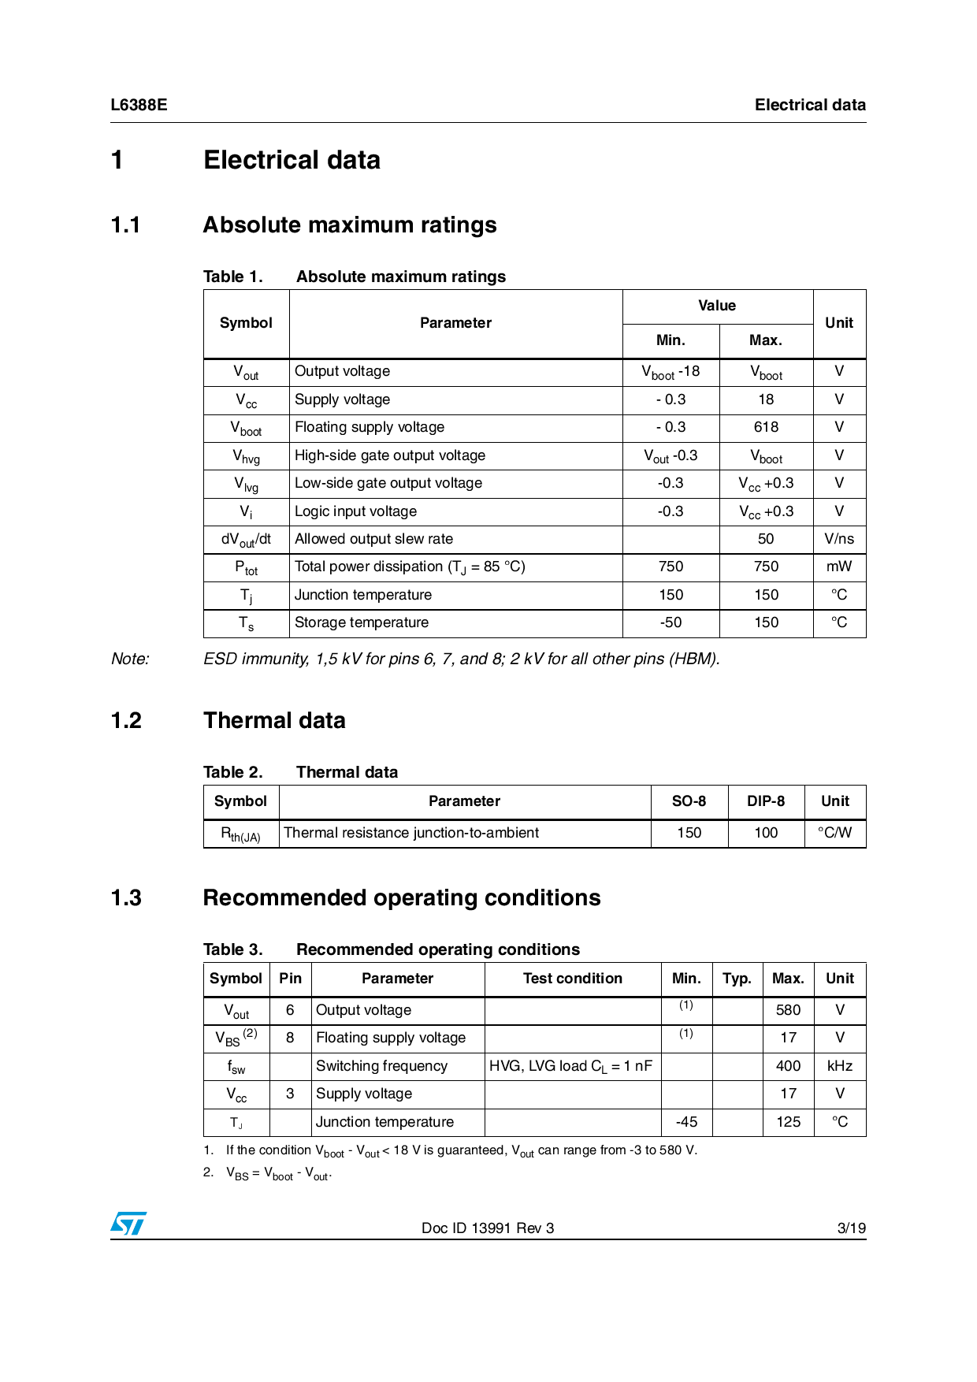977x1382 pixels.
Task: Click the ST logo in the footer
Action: click(128, 1224)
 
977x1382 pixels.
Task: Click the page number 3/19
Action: click(851, 1228)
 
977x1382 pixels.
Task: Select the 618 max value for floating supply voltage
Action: click(766, 427)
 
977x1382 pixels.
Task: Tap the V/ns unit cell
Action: click(839, 539)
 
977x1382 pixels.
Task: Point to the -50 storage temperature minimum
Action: click(671, 622)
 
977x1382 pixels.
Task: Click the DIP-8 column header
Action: click(766, 801)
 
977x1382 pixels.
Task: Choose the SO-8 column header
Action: click(689, 801)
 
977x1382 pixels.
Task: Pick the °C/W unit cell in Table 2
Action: click(835, 833)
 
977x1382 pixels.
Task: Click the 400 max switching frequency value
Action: click(788, 1066)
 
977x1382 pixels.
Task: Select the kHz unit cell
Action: click(840, 1066)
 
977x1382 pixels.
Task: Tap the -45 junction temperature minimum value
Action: click(686, 1122)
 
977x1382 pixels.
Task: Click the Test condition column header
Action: click(573, 979)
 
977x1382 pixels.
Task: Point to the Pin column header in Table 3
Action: click(290, 979)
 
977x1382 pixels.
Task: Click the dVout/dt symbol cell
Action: click(246, 540)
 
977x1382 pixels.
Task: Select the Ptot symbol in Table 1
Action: click(246, 567)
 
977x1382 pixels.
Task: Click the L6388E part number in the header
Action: click(139, 105)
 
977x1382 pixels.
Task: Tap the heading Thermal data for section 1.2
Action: click(274, 720)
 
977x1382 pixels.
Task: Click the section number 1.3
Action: click(126, 897)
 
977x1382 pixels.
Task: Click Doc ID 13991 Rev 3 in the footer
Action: click(488, 1228)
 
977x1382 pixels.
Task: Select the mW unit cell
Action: click(839, 567)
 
